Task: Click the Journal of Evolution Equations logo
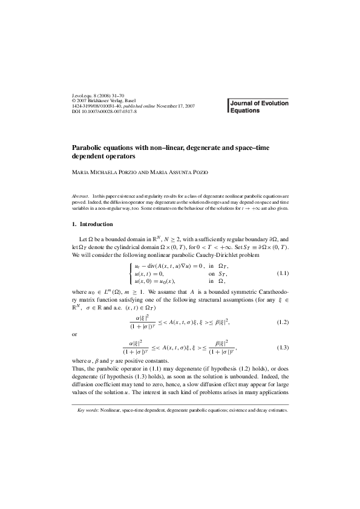coord(259,107)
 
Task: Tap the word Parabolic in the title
coord(89,146)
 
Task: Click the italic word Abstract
coord(80,196)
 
